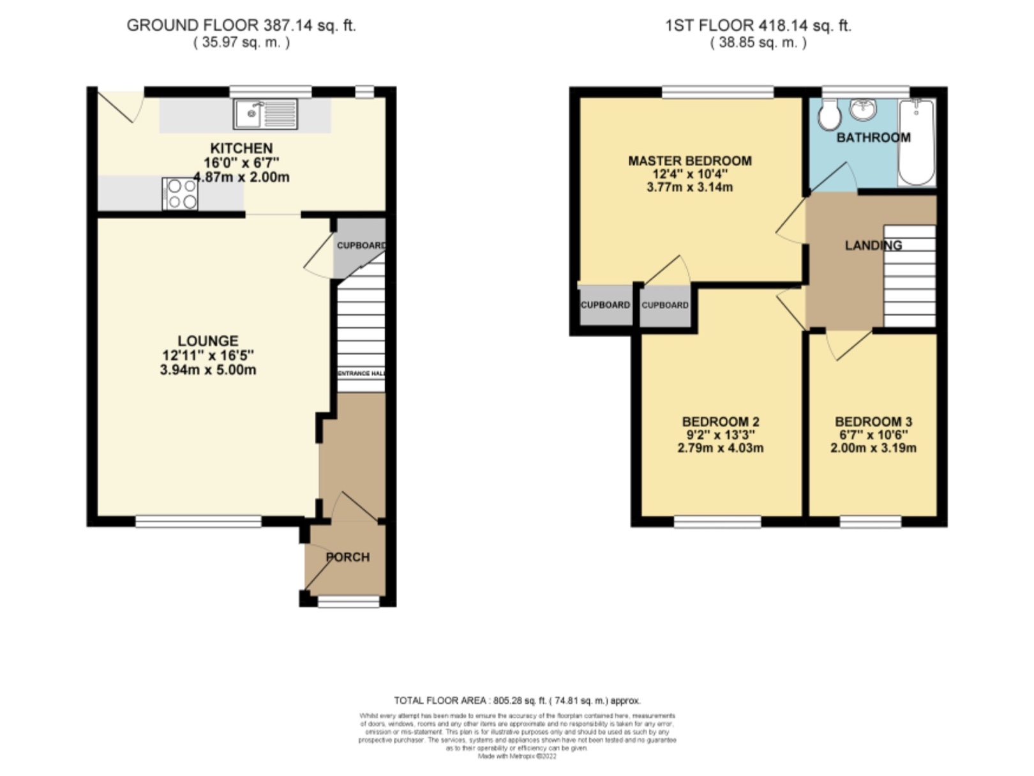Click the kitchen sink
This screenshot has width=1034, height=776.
[265, 114]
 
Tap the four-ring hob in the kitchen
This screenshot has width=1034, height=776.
[180, 194]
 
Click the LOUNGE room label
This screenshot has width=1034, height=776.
[208, 341]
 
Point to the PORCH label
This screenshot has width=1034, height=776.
[348, 557]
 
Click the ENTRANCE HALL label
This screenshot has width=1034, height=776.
[361, 373]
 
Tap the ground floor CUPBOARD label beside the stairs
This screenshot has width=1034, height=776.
[361, 245]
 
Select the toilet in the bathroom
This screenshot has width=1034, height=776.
[830, 117]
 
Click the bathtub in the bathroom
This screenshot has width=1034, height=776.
[917, 142]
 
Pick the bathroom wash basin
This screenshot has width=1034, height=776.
[864, 110]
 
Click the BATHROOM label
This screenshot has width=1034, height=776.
[873, 137]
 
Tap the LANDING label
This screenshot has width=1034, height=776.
[873, 245]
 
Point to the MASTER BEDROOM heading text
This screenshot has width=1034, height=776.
[690, 161]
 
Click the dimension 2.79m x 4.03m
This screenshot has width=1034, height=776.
[720, 448]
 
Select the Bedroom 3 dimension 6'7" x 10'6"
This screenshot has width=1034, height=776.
[873, 435]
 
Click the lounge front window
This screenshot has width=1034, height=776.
[199, 522]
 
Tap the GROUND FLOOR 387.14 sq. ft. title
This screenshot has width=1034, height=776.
[241, 26]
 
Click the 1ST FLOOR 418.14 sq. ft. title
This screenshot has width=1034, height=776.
[758, 26]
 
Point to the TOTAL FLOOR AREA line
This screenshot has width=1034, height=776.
[517, 701]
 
